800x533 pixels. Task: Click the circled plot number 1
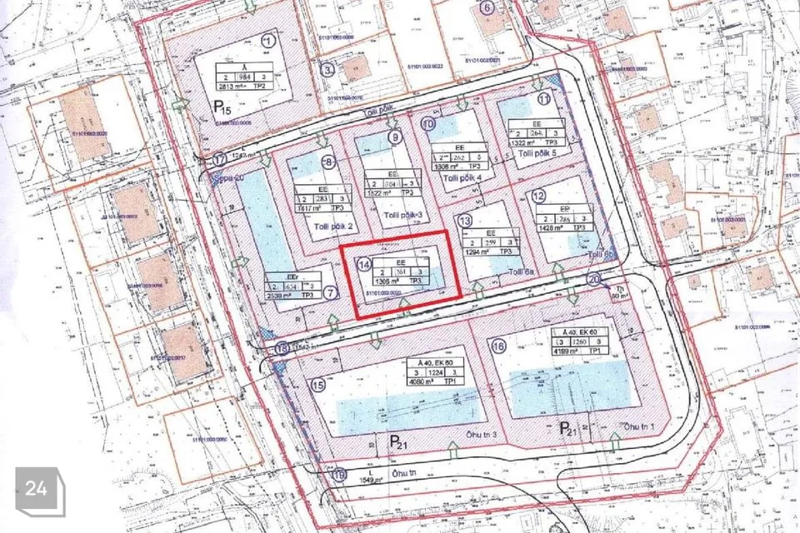pyautogui.click(x=267, y=40)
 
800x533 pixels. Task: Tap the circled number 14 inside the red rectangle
pyautogui.click(x=363, y=265)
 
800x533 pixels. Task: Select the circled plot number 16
pyautogui.click(x=499, y=346)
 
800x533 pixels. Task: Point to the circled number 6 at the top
pyautogui.click(x=487, y=9)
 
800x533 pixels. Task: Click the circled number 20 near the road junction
pyautogui.click(x=594, y=280)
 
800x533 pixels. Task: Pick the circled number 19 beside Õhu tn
pyautogui.click(x=338, y=476)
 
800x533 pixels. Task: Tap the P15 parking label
pyautogui.click(x=222, y=108)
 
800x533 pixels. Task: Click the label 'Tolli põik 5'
pyautogui.click(x=537, y=153)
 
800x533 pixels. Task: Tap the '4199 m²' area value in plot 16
pyautogui.click(x=569, y=351)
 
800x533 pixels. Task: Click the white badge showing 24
pyautogui.click(x=37, y=489)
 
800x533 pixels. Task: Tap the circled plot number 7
pyautogui.click(x=331, y=292)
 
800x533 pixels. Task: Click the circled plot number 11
pyautogui.click(x=544, y=98)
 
